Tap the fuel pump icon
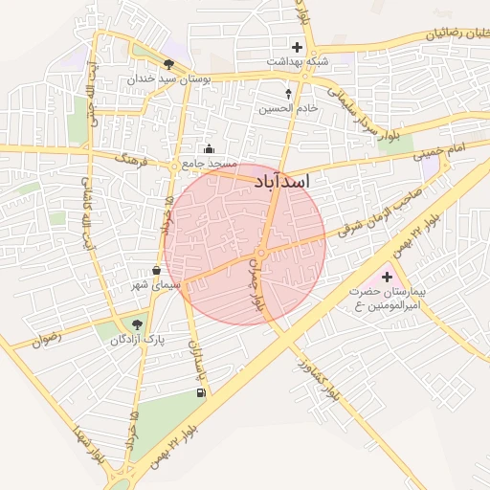click(x=200, y=392)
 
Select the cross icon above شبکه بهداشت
click(x=297, y=47)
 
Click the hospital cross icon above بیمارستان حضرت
click(x=387, y=276)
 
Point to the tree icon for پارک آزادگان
click(x=136, y=323)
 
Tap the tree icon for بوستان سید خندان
click(x=169, y=64)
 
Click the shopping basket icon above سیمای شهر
click(x=156, y=271)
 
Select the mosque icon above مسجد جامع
click(x=210, y=148)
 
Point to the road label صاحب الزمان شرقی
click(x=381, y=213)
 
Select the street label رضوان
click(x=46, y=337)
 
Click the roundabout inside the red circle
click(x=260, y=252)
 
